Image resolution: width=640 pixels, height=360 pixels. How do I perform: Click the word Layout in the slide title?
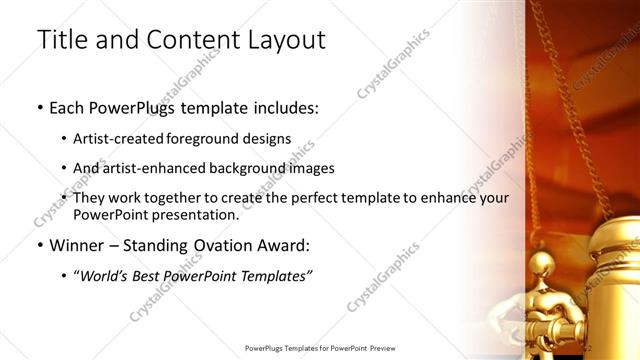[280, 41]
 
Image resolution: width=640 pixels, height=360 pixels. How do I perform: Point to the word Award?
[281, 245]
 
